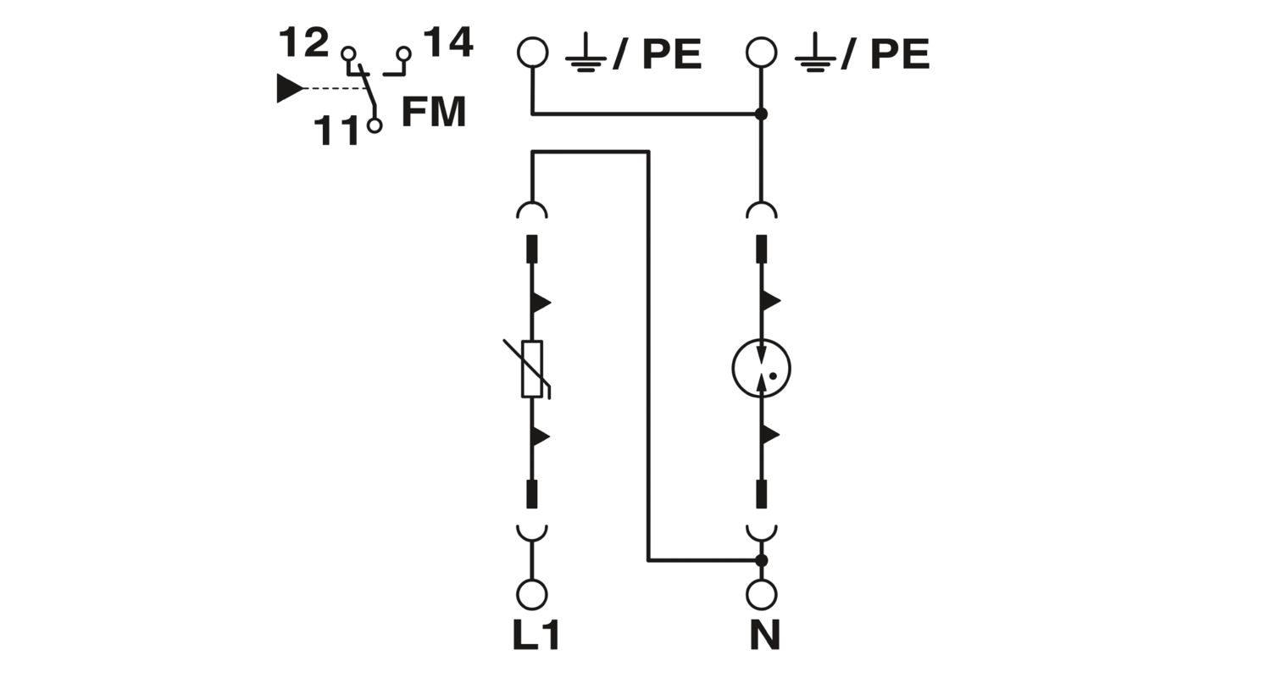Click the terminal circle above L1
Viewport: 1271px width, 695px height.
tap(531, 595)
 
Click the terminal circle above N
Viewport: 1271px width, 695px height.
tap(761, 595)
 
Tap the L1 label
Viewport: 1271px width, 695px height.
tap(536, 635)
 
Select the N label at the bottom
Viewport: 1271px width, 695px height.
tap(764, 635)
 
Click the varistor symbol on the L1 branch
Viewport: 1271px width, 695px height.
tap(531, 369)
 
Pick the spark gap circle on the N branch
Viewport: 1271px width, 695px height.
tap(761, 369)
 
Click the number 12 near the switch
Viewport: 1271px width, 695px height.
tap(303, 42)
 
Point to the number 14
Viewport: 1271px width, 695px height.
tap(448, 42)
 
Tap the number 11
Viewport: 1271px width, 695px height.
tap(336, 131)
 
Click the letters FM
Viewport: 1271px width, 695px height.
tap(434, 112)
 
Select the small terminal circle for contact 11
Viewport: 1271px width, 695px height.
tap(375, 125)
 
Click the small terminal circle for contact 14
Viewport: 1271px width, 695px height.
tap(404, 54)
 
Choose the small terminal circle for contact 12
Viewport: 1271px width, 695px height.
tap(348, 54)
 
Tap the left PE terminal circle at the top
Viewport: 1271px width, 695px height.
tap(532, 53)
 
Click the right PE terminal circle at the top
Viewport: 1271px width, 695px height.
tap(761, 53)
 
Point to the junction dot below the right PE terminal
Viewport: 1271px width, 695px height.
tap(761, 114)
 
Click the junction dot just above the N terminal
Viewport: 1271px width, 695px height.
tap(761, 560)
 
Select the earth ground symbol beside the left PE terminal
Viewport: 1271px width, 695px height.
tap(586, 54)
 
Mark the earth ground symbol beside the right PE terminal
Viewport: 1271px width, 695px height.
tap(815, 54)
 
